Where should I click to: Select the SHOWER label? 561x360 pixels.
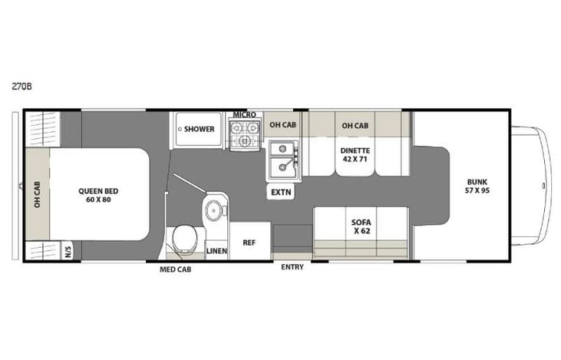[x=199, y=129]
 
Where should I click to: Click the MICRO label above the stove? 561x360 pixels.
[x=244, y=114]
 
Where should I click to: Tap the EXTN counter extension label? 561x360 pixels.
[x=280, y=193]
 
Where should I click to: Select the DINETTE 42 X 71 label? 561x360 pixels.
[x=355, y=156]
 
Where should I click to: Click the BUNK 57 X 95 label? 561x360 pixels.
[x=477, y=186]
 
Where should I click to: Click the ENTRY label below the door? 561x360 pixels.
[x=292, y=267]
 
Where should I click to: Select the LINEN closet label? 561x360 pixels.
[x=217, y=251]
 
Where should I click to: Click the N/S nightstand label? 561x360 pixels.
[x=68, y=251]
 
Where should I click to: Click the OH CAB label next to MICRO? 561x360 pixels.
[x=282, y=124]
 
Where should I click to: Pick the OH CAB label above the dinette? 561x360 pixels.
[x=355, y=124]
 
